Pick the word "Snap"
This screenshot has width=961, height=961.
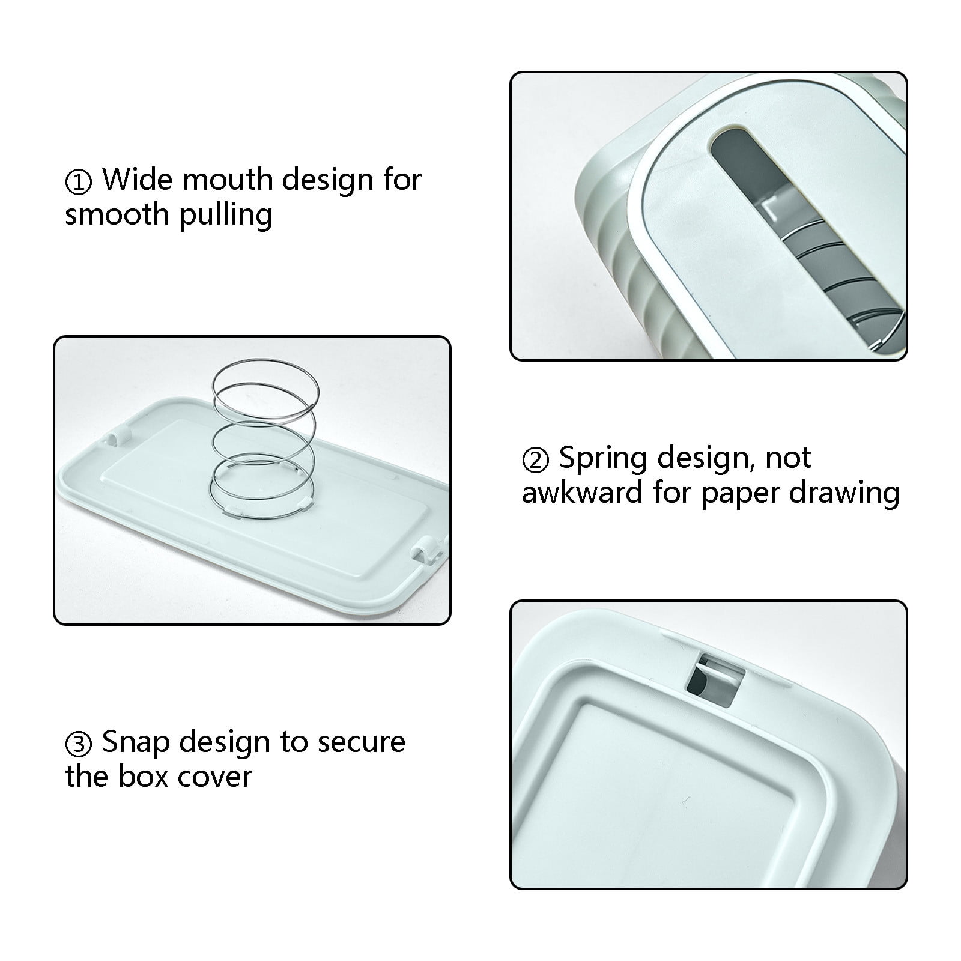point(136,742)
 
